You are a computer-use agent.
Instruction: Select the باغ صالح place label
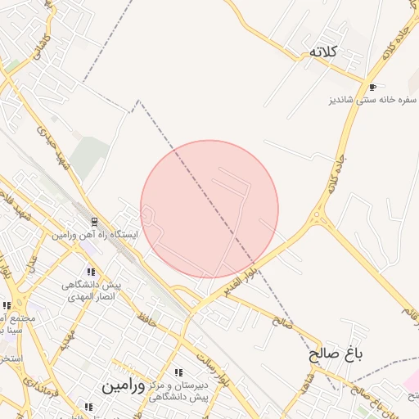pos(335,355)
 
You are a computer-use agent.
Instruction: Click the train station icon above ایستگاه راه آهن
pos(94,222)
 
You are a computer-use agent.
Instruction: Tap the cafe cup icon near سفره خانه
pos(373,87)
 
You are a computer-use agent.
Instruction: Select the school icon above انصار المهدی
pos(91,273)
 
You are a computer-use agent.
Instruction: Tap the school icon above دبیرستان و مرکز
pos(179,373)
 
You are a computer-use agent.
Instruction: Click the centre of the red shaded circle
pos(209,209)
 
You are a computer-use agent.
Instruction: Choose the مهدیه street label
pos(67,345)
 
